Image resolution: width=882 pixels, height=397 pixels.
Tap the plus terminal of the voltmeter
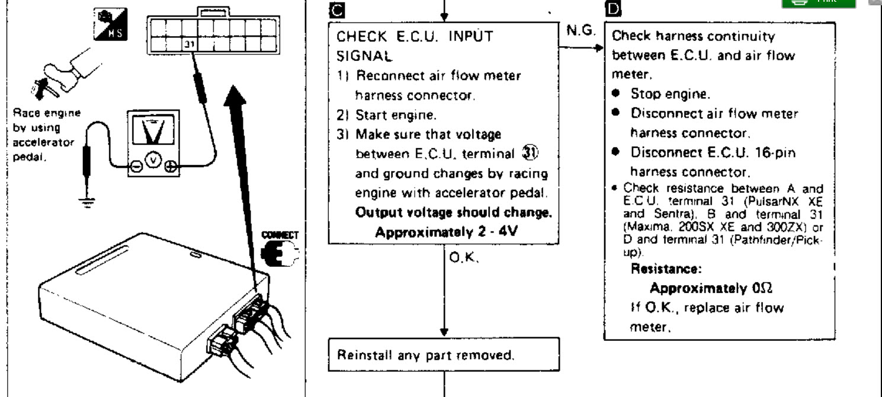click(171, 167)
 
